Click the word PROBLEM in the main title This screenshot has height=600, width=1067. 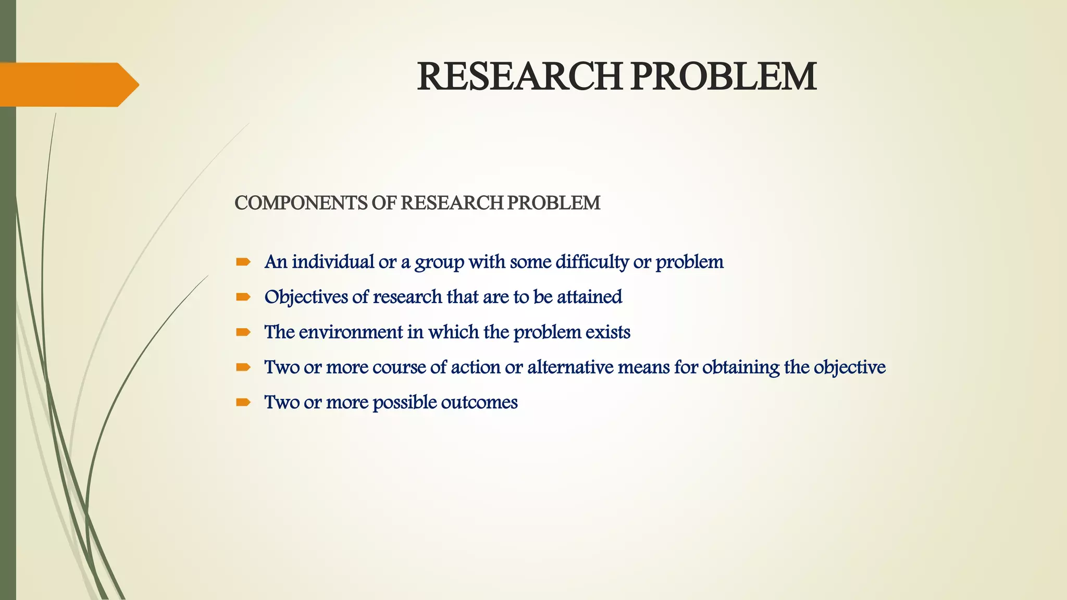coord(724,77)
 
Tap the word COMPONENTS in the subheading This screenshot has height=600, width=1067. coord(301,203)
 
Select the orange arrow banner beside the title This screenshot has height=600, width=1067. coord(68,84)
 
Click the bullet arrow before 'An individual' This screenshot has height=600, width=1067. coord(243,262)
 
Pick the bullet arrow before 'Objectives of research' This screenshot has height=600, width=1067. coord(243,297)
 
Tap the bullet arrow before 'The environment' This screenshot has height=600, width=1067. coord(243,332)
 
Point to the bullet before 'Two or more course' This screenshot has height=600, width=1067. coord(243,367)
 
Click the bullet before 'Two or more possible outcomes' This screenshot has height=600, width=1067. coord(243,402)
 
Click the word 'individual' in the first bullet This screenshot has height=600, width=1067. coord(333,261)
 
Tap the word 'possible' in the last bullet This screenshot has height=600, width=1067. coord(405,402)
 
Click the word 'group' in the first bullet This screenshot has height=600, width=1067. coord(439,262)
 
